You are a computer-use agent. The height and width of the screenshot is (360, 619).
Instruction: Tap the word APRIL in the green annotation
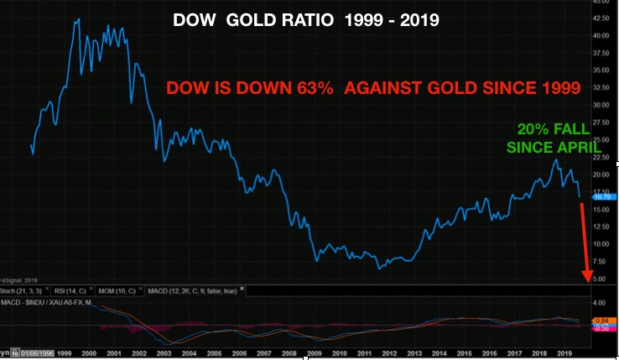point(548,148)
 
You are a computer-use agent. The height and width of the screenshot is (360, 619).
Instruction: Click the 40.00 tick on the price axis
point(601,36)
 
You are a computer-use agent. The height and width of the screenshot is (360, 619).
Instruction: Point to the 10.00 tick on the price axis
point(601,244)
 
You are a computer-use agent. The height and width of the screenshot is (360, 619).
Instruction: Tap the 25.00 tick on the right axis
point(601,140)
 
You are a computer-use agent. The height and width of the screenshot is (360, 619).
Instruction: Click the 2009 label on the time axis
point(315,352)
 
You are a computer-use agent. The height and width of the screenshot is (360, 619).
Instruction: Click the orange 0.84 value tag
point(600,321)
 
